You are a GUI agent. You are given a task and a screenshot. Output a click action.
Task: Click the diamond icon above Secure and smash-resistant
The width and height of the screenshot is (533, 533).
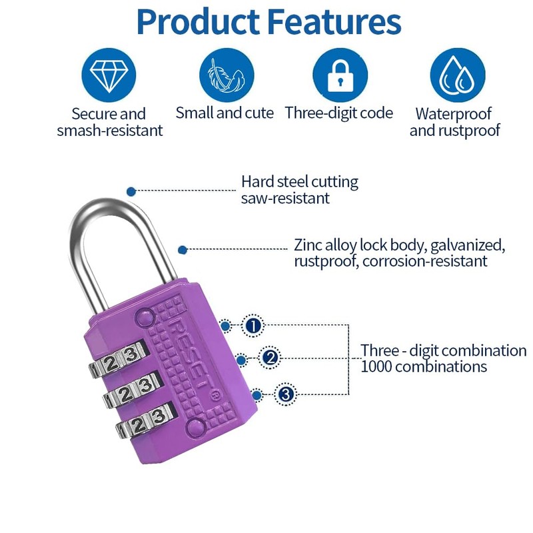pos(109,75)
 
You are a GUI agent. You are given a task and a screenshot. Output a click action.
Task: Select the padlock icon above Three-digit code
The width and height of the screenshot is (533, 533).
pos(340,75)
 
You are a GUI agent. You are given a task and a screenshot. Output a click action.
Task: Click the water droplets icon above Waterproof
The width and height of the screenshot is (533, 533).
pos(456,75)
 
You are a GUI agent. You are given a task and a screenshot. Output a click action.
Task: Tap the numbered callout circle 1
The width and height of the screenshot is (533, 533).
pos(253,326)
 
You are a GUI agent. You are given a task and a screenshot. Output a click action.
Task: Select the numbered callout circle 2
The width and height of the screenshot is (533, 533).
pos(269,358)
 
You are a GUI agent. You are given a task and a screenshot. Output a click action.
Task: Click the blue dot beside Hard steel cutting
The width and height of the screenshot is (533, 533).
pos(131,191)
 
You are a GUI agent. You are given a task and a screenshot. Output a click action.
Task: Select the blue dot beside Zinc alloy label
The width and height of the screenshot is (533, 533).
pos(183,249)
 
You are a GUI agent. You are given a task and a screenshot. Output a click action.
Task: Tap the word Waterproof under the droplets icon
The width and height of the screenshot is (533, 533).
pos(453,114)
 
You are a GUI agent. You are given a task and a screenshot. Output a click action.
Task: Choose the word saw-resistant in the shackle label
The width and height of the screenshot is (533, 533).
pos(285,199)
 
